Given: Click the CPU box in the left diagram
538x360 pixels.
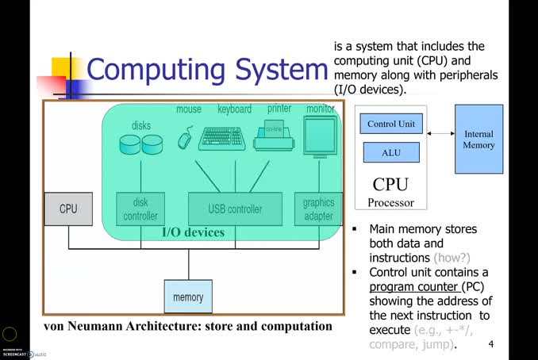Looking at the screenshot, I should (68, 209).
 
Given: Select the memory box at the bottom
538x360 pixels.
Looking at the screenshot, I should (188, 297).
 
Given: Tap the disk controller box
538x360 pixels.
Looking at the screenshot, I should (140, 209).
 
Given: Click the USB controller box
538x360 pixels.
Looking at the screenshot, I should (235, 209).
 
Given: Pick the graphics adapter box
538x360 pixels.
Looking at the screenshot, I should (318, 209).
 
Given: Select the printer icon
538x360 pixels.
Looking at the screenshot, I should (274, 137).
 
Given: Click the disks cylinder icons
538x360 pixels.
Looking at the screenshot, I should (140, 144).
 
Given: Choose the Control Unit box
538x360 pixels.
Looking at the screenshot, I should (391, 124).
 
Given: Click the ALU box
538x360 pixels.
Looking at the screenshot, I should (391, 152).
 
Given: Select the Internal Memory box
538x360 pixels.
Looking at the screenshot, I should (478, 140).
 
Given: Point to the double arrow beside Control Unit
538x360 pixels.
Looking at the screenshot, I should (440, 133).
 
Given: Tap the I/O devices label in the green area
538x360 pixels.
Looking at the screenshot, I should (193, 232).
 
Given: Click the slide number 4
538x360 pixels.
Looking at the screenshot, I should (491, 344).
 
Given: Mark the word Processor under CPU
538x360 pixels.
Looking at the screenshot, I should (390, 202).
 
